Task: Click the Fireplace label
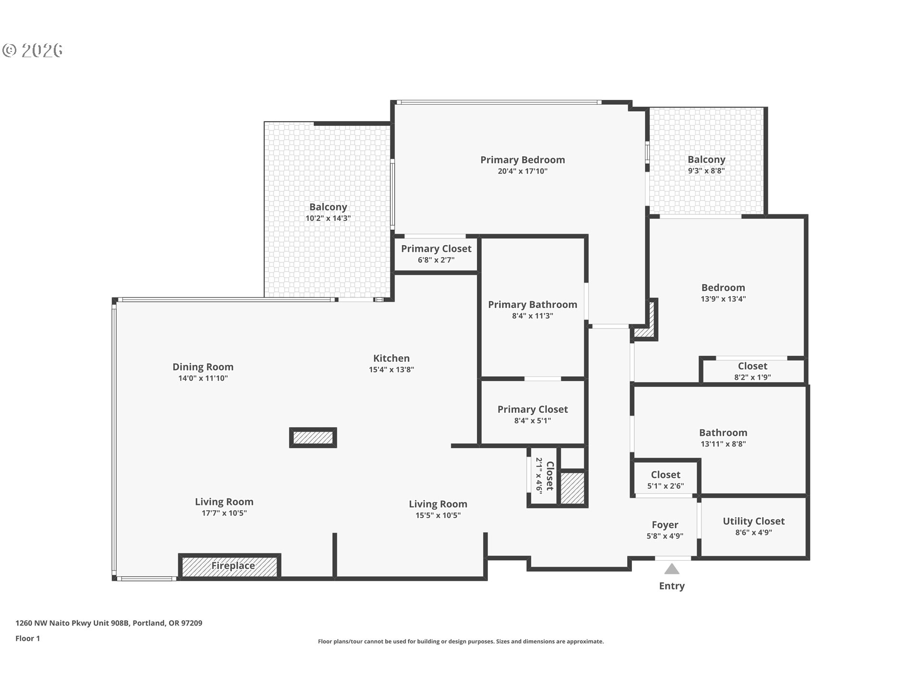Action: pyautogui.click(x=233, y=566)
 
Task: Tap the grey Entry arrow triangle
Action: pyautogui.click(x=672, y=570)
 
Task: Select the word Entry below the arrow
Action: pyautogui.click(x=672, y=586)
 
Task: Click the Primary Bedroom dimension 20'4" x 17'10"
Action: pyautogui.click(x=522, y=171)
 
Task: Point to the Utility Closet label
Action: pyautogui.click(x=753, y=521)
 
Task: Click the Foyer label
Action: pyautogui.click(x=665, y=525)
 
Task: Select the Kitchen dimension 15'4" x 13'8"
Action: pyautogui.click(x=391, y=370)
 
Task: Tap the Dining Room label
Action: pyautogui.click(x=203, y=367)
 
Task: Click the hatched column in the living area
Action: pyautogui.click(x=313, y=437)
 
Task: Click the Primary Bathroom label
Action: pyautogui.click(x=533, y=305)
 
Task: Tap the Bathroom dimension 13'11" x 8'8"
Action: pyautogui.click(x=723, y=444)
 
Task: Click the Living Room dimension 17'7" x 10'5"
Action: pyautogui.click(x=224, y=513)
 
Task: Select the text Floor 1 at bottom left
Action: pyautogui.click(x=27, y=638)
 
